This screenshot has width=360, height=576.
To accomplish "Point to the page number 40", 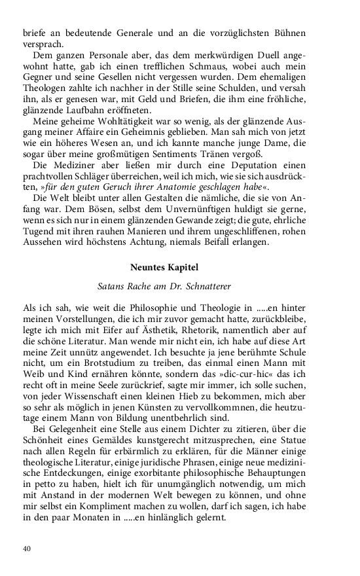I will (x=27, y=548).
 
